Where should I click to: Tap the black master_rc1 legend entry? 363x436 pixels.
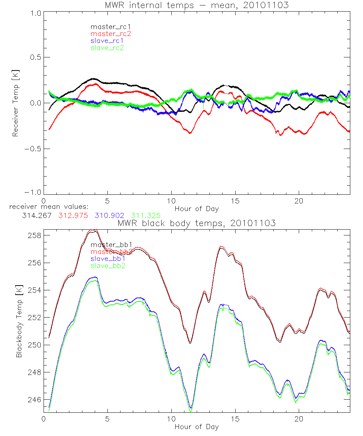107,27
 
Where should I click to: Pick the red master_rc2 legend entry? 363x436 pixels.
110,34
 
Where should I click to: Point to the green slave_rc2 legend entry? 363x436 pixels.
107,48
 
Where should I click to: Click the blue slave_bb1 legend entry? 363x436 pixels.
108,259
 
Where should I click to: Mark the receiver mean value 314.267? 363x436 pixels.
36,215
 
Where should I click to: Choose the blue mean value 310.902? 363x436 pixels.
109,215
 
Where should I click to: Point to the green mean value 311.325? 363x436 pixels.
146,215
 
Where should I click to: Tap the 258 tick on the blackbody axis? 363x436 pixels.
33,236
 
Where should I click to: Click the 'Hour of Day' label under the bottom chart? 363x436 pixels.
196,427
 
